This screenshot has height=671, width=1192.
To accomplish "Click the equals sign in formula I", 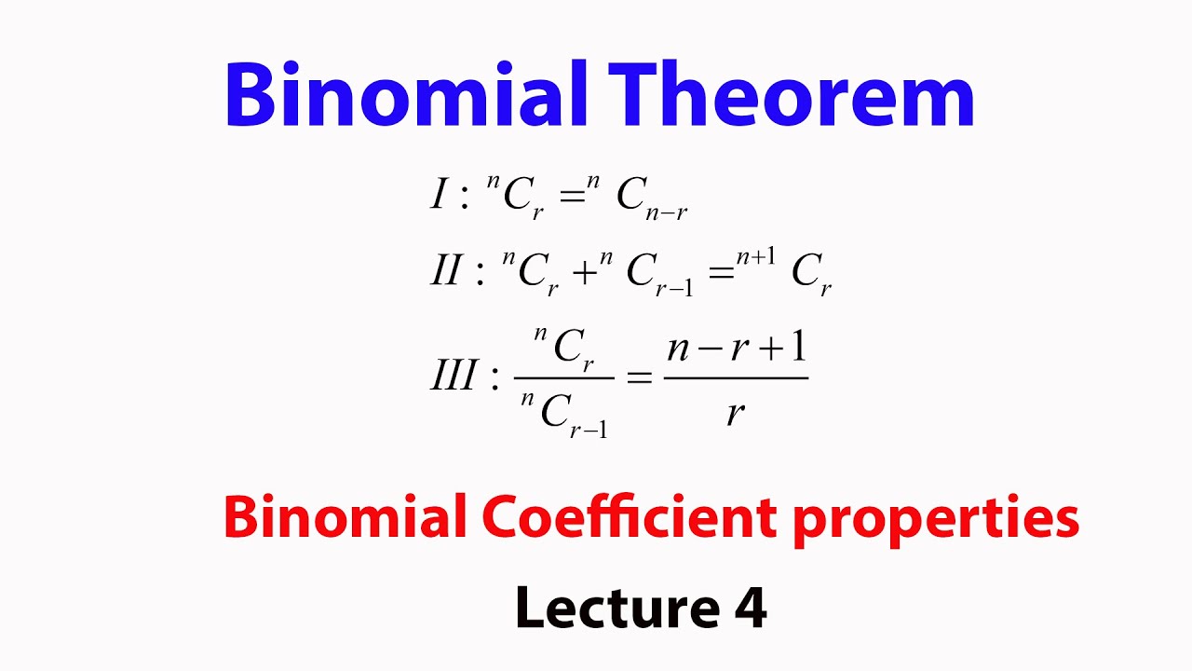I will (561, 197).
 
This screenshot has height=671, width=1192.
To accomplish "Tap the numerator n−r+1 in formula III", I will (736, 349).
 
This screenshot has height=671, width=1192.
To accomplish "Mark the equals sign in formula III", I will (639, 378).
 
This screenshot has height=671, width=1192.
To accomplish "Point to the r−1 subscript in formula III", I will (589, 429).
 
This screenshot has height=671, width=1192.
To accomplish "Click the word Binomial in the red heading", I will (345, 517).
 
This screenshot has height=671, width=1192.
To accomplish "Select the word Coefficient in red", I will (629, 517).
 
